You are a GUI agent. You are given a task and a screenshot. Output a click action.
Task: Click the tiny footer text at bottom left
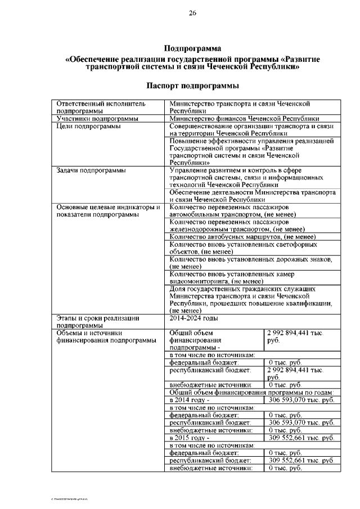[x=71, y=499]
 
